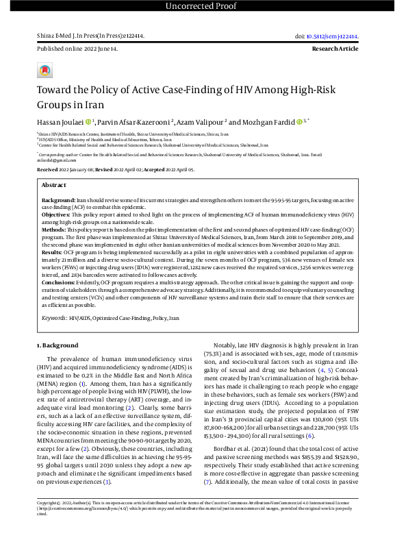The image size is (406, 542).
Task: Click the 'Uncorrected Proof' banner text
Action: [x=203, y=7]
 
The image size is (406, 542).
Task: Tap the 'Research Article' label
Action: [x=348, y=49]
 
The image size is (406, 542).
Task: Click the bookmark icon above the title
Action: [x=45, y=71]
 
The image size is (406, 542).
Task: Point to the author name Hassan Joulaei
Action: [x=62, y=121]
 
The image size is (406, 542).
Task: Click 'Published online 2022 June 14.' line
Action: [x=77, y=49]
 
